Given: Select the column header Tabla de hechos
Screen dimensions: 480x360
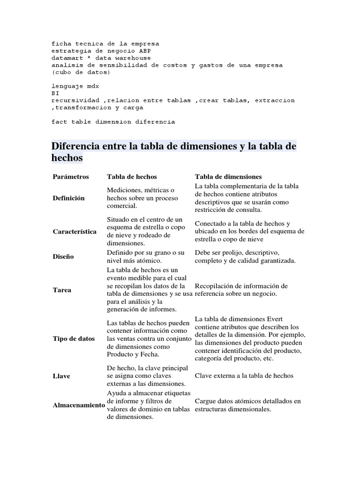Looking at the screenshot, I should [132, 177].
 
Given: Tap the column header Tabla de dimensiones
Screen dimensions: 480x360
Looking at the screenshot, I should [228, 177].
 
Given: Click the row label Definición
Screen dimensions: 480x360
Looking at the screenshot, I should [68, 198].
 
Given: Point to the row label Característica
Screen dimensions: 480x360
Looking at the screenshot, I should [75, 232].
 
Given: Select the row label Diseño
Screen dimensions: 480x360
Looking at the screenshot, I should [63, 256].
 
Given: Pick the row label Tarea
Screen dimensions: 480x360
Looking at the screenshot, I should [62, 290].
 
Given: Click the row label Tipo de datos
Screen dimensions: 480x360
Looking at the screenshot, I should [74, 338].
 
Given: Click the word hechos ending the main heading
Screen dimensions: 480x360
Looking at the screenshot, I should [67, 158].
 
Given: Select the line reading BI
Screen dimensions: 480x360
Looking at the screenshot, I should [55, 93].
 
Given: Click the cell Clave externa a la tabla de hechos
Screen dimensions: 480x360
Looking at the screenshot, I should [244, 376].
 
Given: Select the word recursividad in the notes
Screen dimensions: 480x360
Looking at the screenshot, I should [75, 100].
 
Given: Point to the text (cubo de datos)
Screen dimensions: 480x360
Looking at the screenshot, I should [81, 72].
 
